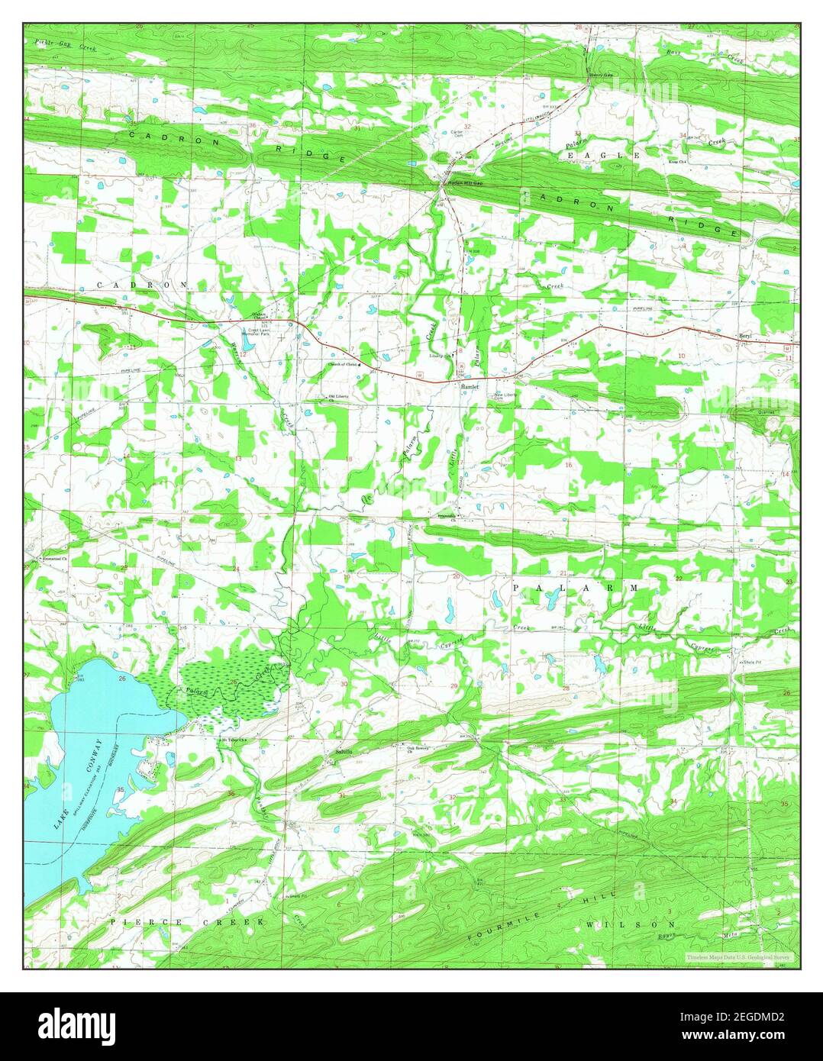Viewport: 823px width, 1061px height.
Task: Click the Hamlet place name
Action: point(469,387)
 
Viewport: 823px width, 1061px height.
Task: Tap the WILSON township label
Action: point(622,924)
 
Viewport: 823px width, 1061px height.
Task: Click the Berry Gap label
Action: point(601,75)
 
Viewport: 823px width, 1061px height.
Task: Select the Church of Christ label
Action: point(342,365)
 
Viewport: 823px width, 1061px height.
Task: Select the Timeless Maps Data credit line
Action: point(737,956)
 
